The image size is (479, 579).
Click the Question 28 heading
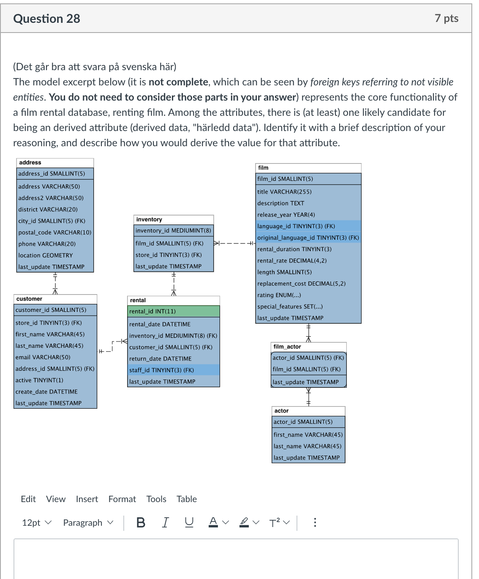46,19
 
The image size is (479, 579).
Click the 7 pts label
446,18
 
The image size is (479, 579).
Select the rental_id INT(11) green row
173,311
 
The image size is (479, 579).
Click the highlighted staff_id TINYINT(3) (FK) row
173,370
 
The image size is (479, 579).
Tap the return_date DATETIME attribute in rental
161,359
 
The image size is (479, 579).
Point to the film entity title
264,168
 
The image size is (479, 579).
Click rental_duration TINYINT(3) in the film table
294,249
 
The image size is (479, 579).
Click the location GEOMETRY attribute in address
46,256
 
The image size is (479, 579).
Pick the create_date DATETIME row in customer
46,392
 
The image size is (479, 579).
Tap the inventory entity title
149,220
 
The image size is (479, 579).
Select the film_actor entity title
287,347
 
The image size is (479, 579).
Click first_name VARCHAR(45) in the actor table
308,435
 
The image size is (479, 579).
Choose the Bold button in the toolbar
141,523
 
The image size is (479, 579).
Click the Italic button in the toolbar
165,523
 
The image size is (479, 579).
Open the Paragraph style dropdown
88,523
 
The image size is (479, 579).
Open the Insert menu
87,499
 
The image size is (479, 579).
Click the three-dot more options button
315,523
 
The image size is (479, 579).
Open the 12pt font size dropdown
36,523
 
